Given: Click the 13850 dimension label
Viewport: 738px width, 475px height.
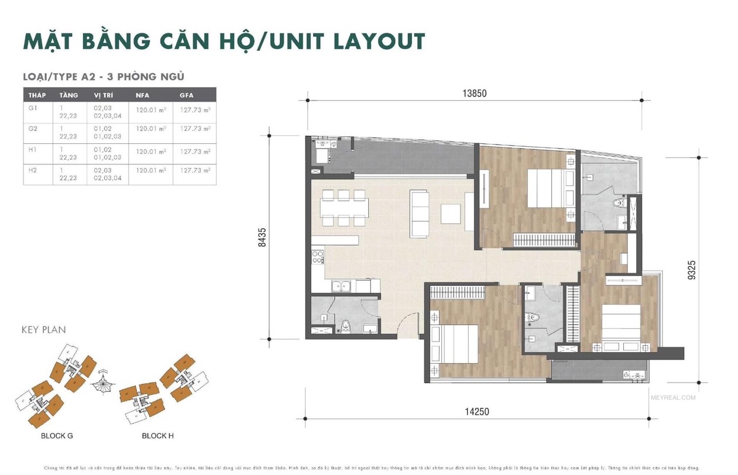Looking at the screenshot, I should coord(475,93).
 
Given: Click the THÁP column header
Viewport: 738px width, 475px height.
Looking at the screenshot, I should coord(37,95).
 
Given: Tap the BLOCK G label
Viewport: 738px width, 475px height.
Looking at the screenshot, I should coord(57,436).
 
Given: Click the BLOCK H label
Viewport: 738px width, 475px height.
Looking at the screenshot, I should coord(157,436).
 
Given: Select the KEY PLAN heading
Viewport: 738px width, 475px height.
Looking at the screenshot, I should coord(44,330).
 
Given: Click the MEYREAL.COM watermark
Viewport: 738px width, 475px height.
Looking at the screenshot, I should coord(672,398).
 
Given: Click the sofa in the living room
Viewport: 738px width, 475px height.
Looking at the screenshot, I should coord(419,214).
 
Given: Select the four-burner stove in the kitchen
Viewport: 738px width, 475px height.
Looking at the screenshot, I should coord(317,257).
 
